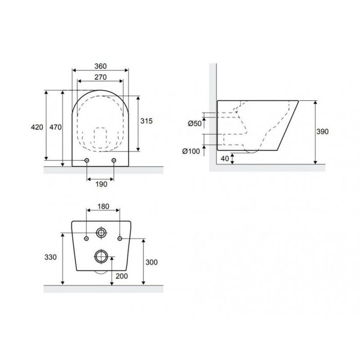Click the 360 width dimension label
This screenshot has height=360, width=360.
pyautogui.click(x=101, y=66)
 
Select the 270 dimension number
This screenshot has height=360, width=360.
pyautogui.click(x=101, y=77)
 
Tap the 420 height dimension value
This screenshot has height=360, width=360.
pyautogui.click(x=37, y=127)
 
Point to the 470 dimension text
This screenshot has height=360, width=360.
pyautogui.click(x=56, y=127)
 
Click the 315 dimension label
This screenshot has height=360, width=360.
pyautogui.click(x=147, y=121)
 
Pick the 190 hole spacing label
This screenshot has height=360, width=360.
pyautogui.click(x=101, y=184)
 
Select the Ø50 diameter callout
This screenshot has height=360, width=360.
pyautogui.click(x=195, y=123)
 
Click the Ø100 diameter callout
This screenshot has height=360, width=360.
pyautogui.click(x=191, y=151)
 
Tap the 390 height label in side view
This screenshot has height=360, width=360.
pyautogui.click(x=322, y=132)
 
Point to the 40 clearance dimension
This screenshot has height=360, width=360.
pyautogui.click(x=225, y=158)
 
